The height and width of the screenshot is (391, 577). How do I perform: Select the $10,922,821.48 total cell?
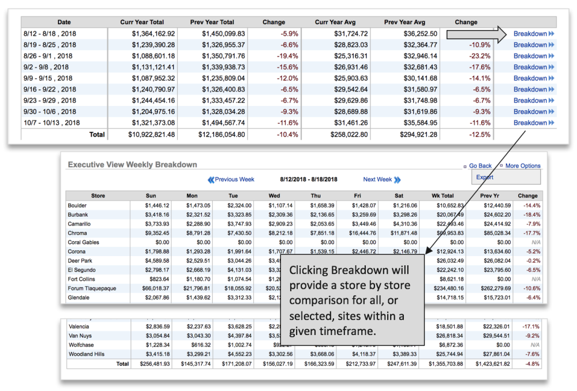[149, 134]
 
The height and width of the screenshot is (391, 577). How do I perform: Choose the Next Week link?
[378, 179]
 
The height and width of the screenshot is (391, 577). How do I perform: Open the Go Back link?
[480, 166]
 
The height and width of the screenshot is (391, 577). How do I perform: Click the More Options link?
[523, 166]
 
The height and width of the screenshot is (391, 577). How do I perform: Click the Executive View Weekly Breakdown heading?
[132, 165]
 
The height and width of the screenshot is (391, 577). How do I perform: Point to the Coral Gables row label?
[84, 242]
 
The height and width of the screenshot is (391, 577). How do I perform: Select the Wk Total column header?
[443, 196]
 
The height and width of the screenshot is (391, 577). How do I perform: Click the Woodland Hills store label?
[88, 354]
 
